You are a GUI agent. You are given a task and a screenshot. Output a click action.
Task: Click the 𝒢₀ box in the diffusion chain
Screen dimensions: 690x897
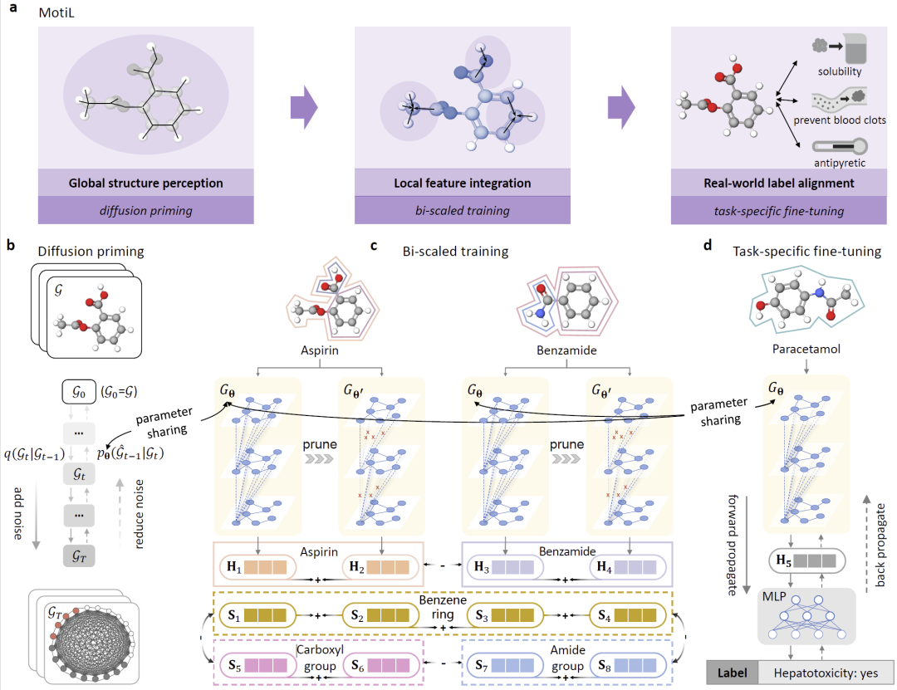(x=80, y=389)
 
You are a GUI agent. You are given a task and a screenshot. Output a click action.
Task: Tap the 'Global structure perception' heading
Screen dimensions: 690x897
(x=145, y=183)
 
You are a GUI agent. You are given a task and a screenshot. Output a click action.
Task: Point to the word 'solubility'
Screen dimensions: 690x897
(x=838, y=71)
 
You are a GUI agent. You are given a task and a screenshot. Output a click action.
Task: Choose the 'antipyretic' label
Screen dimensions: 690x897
(x=838, y=163)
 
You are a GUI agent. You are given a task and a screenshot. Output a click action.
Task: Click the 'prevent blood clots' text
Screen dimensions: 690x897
(x=839, y=120)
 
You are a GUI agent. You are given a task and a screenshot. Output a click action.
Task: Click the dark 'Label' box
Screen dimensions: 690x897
(x=732, y=672)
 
